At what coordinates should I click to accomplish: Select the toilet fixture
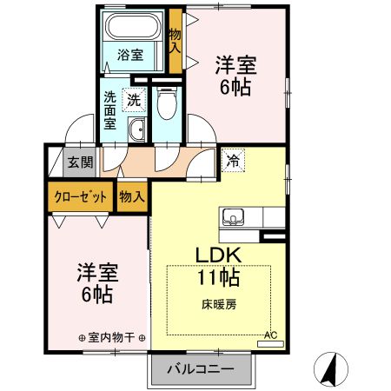[166, 104]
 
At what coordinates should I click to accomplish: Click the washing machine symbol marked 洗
[134, 100]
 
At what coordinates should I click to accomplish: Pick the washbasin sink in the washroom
[137, 131]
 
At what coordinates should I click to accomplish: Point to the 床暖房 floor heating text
[218, 304]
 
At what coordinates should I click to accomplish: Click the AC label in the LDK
[269, 335]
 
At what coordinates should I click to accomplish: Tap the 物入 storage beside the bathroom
[175, 41]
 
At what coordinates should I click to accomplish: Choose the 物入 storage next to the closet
[131, 197]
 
